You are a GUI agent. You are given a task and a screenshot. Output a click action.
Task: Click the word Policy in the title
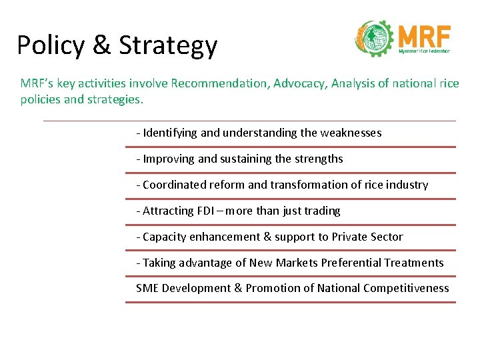pos(50,45)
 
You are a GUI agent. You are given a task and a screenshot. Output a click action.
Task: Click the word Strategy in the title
pos(168,45)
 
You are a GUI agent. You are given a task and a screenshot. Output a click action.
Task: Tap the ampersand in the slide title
pos(103,45)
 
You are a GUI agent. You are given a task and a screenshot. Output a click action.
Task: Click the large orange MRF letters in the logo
pos(424,35)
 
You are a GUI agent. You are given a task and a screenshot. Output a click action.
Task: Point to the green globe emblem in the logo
pos(375,39)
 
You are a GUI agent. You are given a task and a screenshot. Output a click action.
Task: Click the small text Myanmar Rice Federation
pos(424,51)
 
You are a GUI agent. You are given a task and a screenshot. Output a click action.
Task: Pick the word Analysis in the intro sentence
pos(355,83)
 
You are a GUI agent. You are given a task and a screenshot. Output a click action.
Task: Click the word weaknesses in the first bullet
pos(351,133)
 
